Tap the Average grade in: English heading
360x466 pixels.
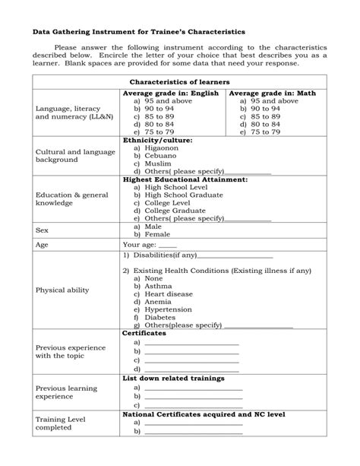pyautogui.click(x=171, y=93)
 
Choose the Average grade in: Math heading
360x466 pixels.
pyautogui.click(x=273, y=93)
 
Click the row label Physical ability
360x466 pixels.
pyautogui.click(x=62, y=290)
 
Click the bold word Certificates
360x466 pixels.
pyautogui.click(x=144, y=333)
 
